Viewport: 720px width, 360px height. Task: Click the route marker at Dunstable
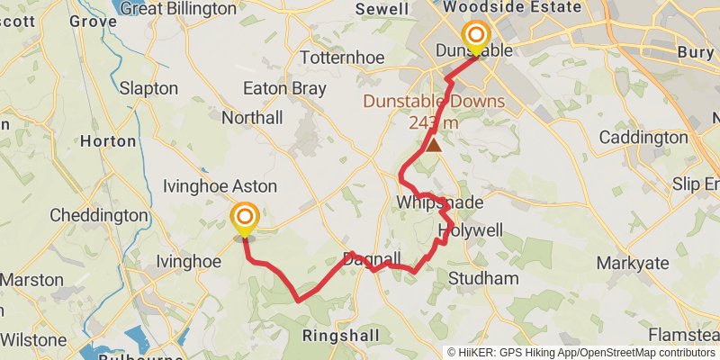[x=475, y=37]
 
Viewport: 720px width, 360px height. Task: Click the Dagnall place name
[x=372, y=260]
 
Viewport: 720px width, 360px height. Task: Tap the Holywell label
[x=468, y=231]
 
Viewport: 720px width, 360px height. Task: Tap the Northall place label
[x=252, y=118]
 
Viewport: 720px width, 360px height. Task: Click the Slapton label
[x=148, y=89]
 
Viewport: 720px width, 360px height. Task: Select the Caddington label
[x=643, y=138]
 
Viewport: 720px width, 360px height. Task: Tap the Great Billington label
[x=184, y=8]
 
